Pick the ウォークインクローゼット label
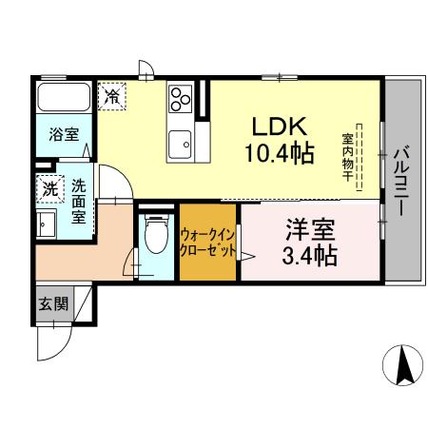[x=207, y=243]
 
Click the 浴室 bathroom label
[x=64, y=135]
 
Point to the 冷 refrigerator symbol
[x=112, y=95]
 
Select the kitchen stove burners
[x=180, y=99]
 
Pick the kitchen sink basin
[x=179, y=146]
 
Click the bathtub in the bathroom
[x=64, y=100]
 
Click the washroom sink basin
[x=44, y=223]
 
